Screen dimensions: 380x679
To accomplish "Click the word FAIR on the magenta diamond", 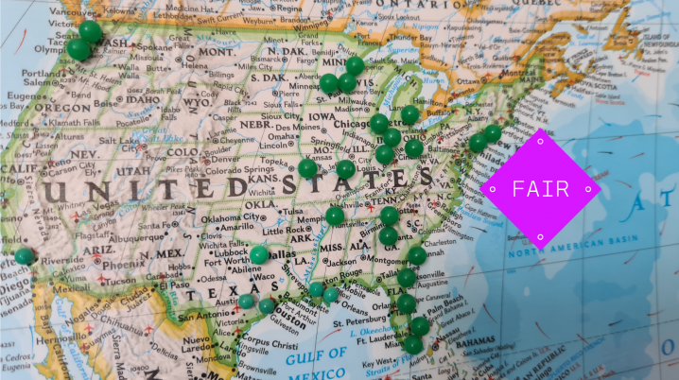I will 540,189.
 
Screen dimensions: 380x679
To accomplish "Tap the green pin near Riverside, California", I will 24,256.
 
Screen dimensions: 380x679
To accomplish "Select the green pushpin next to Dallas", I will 258,255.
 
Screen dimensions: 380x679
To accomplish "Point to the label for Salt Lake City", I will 121,140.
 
